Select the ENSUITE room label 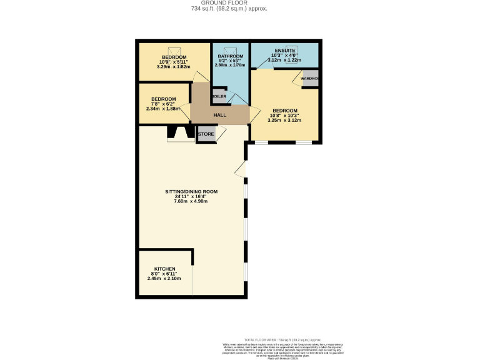coord(284,51)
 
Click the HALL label coord(219,115)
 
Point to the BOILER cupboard coord(219,97)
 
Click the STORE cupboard coord(206,134)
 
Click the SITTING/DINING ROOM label coord(191,191)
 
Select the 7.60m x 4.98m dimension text coord(191,201)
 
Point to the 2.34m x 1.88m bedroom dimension coord(162,109)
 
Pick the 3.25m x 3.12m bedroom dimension coord(284,121)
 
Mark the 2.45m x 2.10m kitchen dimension coord(164,279)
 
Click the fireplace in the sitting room coord(180,133)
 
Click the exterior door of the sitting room coord(241,169)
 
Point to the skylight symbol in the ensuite coord(292,50)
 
